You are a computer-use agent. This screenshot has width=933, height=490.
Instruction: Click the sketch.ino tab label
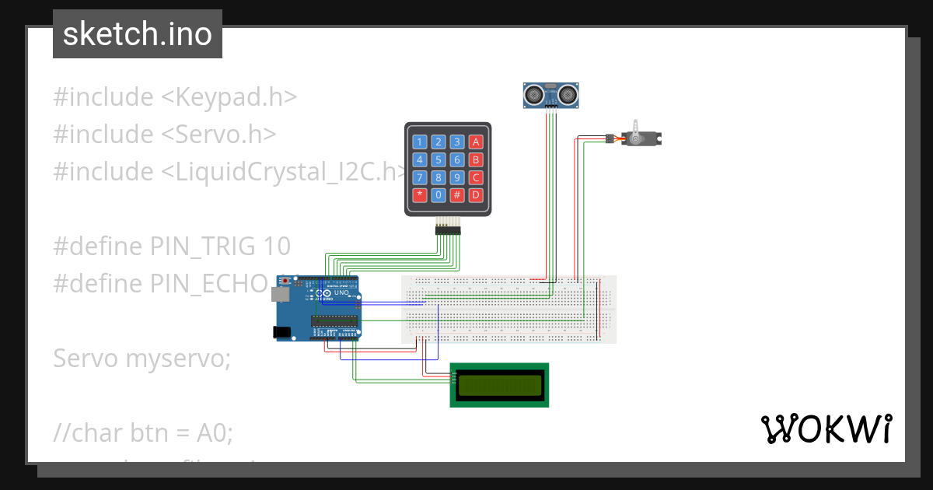(x=138, y=34)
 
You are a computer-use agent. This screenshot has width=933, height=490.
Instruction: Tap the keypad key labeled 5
(x=439, y=159)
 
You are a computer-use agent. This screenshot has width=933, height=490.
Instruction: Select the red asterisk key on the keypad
(x=420, y=194)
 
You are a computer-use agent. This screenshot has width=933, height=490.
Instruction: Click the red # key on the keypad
(x=457, y=194)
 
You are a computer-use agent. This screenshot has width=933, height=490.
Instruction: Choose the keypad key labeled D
(x=476, y=194)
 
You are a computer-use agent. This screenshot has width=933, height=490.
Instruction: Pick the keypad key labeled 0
(x=439, y=194)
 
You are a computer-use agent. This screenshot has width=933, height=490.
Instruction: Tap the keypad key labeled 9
(x=457, y=177)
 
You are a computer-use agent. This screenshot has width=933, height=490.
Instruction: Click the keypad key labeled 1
(x=420, y=142)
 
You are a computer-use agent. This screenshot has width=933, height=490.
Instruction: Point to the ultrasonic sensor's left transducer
(x=534, y=95)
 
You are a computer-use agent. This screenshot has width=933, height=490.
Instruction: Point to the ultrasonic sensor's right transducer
(x=567, y=95)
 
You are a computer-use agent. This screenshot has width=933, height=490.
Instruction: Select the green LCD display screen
(x=499, y=384)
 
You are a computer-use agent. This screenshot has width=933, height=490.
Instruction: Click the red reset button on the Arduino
(x=285, y=280)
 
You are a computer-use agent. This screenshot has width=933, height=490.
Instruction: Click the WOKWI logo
(x=825, y=429)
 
